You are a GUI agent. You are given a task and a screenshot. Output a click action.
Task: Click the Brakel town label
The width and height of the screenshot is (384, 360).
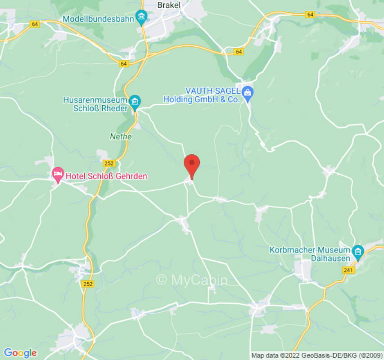(169, 5)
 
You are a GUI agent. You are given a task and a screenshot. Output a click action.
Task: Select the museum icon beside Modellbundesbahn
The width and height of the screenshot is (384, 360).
(141, 18)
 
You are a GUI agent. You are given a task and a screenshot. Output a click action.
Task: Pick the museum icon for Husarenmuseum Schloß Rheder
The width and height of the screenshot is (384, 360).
(134, 101)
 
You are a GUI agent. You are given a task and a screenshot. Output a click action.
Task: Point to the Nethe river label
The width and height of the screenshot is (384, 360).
(121, 136)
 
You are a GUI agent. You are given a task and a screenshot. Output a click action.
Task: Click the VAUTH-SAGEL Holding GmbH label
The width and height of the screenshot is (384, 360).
(201, 95)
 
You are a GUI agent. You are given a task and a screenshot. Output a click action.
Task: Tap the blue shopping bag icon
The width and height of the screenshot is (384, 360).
(247, 93)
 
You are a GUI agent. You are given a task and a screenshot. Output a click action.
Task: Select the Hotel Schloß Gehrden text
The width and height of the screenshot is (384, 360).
(106, 176)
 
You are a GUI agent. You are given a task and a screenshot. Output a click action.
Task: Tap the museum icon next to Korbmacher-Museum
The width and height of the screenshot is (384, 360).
(358, 251)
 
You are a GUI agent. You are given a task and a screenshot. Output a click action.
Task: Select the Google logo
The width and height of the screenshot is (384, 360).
(20, 353)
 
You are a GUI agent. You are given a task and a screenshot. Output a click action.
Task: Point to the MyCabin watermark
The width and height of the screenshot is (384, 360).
(192, 280)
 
